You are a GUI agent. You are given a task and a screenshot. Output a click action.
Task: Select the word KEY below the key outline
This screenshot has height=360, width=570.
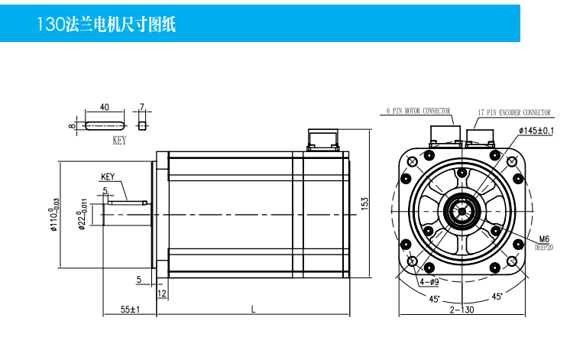pyautogui.click(x=118, y=141)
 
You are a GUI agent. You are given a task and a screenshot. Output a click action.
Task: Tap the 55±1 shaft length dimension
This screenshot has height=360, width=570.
pyautogui.click(x=129, y=309)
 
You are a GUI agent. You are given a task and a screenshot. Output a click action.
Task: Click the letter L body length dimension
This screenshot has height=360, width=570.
pyautogui.click(x=253, y=309)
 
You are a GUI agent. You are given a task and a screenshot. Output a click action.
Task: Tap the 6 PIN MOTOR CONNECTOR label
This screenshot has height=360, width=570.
pyautogui.click(x=417, y=111)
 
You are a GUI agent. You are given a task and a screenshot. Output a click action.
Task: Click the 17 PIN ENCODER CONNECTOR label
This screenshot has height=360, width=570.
pyautogui.click(x=513, y=112)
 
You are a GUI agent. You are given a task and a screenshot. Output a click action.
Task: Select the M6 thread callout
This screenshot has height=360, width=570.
pyautogui.click(x=544, y=238)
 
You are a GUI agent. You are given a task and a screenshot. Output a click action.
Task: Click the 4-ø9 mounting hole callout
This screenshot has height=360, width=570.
pyautogui.click(x=428, y=281)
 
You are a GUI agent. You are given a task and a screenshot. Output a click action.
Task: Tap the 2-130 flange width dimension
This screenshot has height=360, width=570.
pyautogui.click(x=462, y=309)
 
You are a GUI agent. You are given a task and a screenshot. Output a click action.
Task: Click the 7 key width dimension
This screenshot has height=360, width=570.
pyautogui.click(x=141, y=107)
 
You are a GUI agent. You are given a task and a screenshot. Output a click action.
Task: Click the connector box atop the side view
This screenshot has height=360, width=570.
pyautogui.click(x=322, y=140)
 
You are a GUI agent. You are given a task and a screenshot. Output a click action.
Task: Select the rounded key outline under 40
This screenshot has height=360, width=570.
pyautogui.click(x=105, y=125)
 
